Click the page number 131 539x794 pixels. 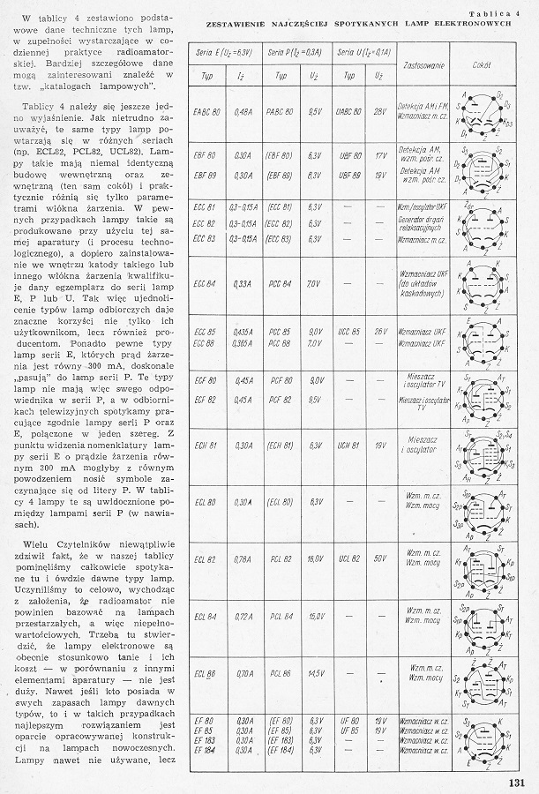518,779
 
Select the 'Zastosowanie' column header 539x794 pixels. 422,66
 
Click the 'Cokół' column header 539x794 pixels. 481,66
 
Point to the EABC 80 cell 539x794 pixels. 208,113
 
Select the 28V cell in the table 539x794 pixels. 380,113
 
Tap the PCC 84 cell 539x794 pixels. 281,283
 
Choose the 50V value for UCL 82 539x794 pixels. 380,558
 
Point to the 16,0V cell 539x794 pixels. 314,558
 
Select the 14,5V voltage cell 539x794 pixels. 314,673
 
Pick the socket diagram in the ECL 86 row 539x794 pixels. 481,674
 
